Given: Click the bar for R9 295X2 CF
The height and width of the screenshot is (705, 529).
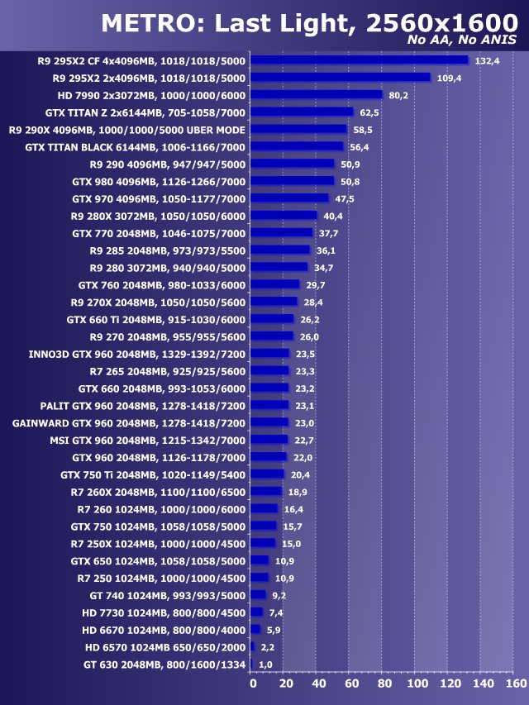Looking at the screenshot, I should pos(359,60).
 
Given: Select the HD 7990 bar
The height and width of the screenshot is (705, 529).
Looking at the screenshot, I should pos(316,94).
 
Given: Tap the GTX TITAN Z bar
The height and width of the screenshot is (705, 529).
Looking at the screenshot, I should pos(301,112).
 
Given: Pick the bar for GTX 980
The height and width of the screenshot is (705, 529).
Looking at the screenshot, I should pos(292,181).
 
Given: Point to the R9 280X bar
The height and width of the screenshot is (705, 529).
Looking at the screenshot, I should pos(284,216).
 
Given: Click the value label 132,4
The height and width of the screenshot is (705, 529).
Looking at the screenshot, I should pos(486,60).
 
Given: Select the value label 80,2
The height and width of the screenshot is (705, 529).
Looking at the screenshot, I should pos(398,95).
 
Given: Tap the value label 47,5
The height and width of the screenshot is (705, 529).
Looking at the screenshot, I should pos(344,198).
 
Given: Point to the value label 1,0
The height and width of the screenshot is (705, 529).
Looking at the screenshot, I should pos(265,665).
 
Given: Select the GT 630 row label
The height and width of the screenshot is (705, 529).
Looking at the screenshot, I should pos(164,665).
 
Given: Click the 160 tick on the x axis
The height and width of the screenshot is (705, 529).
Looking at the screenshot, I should pos(515,684).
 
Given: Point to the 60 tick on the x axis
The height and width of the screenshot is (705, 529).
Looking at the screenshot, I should pos(351,684).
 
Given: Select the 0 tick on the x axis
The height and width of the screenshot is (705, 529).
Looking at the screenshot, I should pos(252,684).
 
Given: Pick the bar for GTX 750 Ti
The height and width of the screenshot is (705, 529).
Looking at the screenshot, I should pos(267,474).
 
